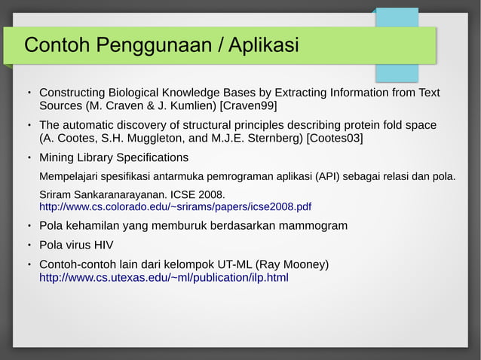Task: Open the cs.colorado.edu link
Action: (175, 206)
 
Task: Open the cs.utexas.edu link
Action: (164, 277)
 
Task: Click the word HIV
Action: (106, 245)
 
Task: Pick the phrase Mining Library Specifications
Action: (114, 158)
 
